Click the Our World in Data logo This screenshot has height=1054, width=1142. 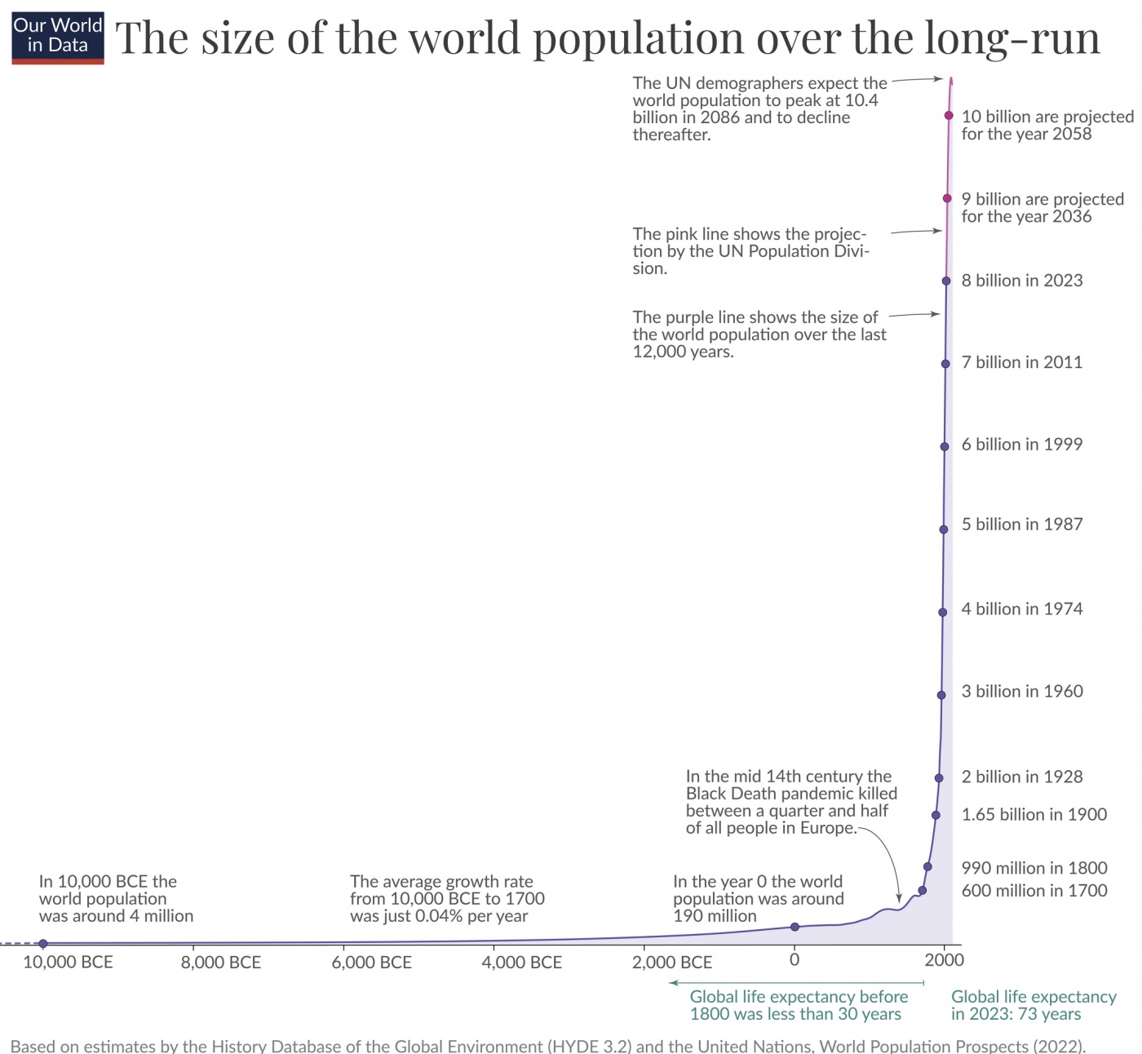(x=58, y=38)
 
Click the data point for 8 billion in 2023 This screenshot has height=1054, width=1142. (x=946, y=281)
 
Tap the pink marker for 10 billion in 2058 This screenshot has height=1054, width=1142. (x=949, y=116)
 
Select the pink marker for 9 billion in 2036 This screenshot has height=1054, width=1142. (x=947, y=198)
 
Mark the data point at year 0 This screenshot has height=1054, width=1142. (x=795, y=927)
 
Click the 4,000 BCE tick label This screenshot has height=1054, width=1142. (x=521, y=963)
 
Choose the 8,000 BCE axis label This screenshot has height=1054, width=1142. (x=221, y=963)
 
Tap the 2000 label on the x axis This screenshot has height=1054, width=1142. (x=944, y=960)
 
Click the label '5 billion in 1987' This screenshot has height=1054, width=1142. (x=1021, y=525)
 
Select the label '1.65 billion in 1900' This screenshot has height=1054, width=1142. (x=1034, y=814)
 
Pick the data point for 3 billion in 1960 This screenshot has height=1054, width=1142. (x=941, y=695)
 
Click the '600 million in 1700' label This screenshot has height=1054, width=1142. (x=1034, y=891)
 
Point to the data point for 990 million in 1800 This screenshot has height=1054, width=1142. (x=927, y=866)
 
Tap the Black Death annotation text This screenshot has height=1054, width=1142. (x=790, y=802)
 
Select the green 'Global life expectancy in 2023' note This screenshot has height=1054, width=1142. (x=1033, y=1005)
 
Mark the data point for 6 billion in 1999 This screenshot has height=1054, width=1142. (x=945, y=446)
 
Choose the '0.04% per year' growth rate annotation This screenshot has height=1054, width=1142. (x=446, y=899)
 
